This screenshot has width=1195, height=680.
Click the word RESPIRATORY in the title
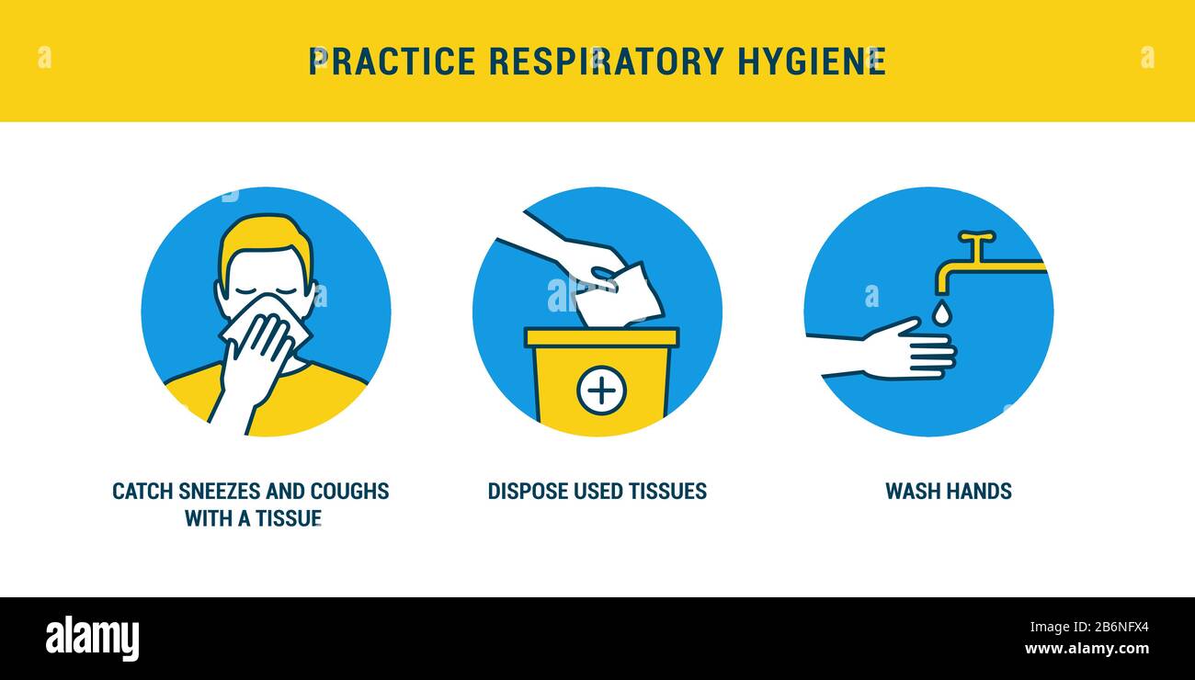point(606,62)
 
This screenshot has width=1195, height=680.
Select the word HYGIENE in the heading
point(812,62)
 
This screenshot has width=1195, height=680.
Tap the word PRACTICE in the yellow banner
point(393,62)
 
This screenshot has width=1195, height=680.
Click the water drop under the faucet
point(941,312)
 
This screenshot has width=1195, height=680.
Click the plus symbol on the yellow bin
point(601,391)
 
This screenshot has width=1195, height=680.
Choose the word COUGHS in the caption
point(349,492)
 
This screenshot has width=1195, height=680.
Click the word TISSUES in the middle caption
point(667,492)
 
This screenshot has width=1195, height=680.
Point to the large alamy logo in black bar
point(92,638)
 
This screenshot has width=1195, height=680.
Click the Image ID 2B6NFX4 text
point(1089,627)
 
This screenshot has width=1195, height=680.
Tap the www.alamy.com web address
point(1087,649)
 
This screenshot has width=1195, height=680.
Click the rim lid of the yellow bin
point(602,337)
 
